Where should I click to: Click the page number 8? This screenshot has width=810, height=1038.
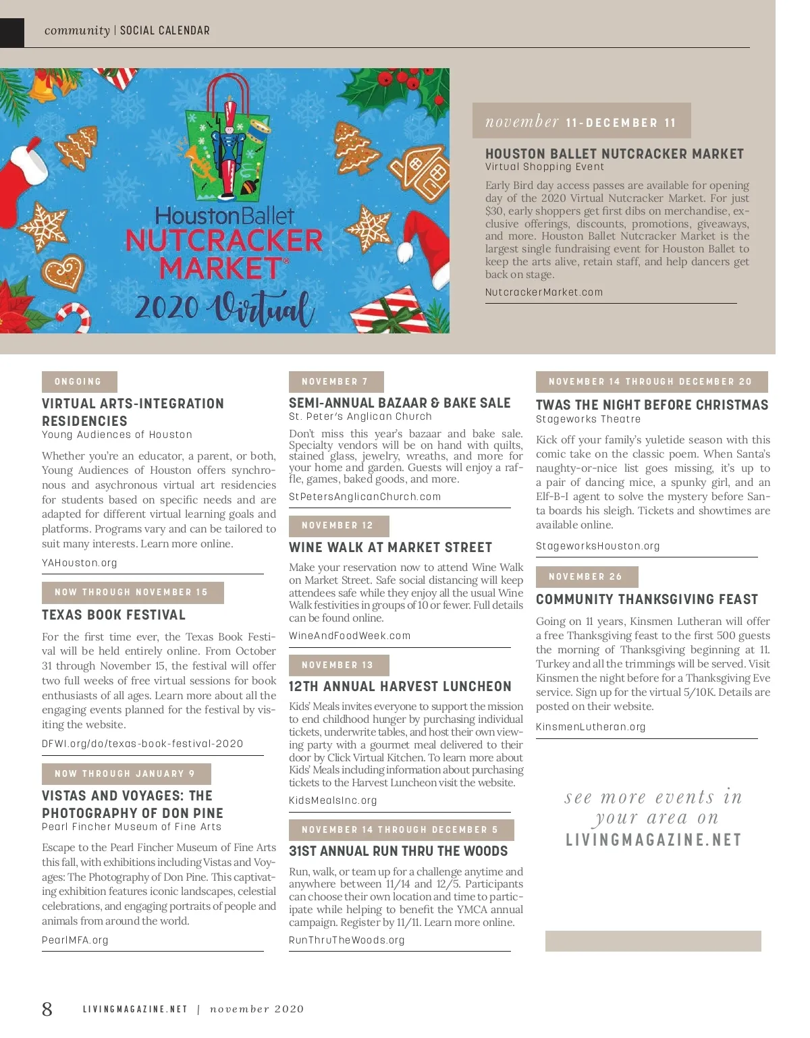[x=47, y=1008]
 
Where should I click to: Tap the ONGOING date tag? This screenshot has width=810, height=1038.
[x=79, y=382]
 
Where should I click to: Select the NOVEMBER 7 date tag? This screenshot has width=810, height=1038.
[x=335, y=382]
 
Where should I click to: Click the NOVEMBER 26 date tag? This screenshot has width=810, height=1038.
[x=586, y=577]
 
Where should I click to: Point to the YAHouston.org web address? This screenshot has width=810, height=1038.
[x=80, y=563]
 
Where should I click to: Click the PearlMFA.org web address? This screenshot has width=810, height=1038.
[x=75, y=940]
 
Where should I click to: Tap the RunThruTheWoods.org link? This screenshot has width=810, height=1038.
[x=347, y=940]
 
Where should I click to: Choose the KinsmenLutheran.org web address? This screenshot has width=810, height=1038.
[x=591, y=727]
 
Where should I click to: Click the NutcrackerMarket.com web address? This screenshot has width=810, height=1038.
[x=544, y=292]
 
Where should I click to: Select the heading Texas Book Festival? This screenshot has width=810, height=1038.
[x=113, y=615]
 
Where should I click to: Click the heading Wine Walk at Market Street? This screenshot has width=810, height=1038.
[x=390, y=547]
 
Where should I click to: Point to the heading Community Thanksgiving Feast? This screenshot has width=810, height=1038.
[x=647, y=599]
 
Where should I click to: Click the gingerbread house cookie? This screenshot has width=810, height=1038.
[x=421, y=175]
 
